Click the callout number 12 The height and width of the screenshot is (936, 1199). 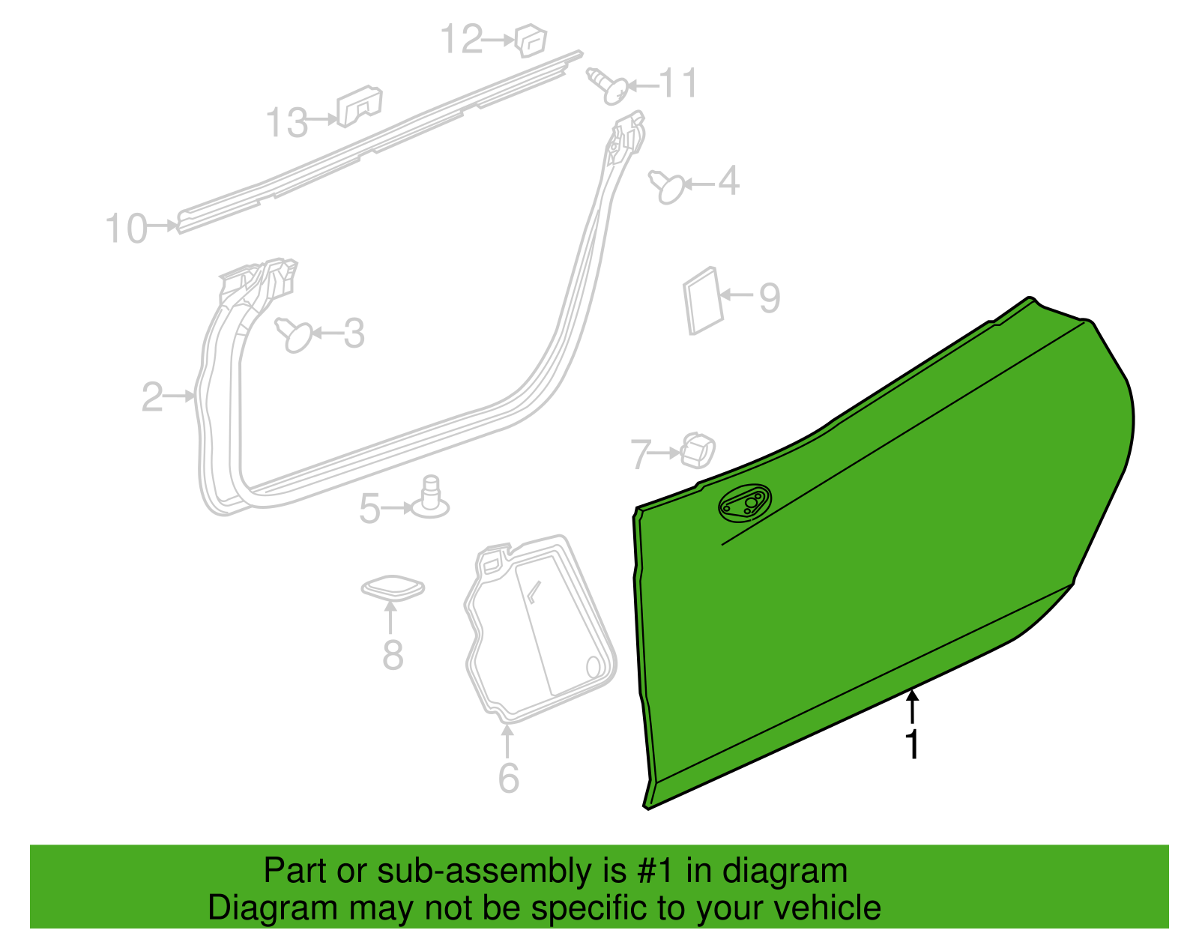tap(462, 39)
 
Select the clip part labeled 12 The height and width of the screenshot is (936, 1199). tap(531, 40)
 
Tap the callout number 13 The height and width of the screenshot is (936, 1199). tap(286, 122)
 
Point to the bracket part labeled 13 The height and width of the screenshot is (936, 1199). tap(359, 106)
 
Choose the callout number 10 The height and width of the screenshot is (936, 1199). tap(127, 229)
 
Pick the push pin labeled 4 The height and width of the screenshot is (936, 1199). tap(666, 187)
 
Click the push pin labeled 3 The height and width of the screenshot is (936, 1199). tap(294, 335)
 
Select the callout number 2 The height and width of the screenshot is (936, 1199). tap(152, 397)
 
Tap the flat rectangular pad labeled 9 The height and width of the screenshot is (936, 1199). tap(702, 301)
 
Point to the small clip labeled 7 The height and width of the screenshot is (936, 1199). tap(698, 450)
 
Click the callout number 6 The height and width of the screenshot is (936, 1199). tap(508, 779)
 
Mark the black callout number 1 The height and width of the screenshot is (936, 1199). tap(913, 744)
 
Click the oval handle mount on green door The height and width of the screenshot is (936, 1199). tap(744, 503)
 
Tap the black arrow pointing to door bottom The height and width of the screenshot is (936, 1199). tap(913, 707)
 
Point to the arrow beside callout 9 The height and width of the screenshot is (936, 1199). tap(736, 295)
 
